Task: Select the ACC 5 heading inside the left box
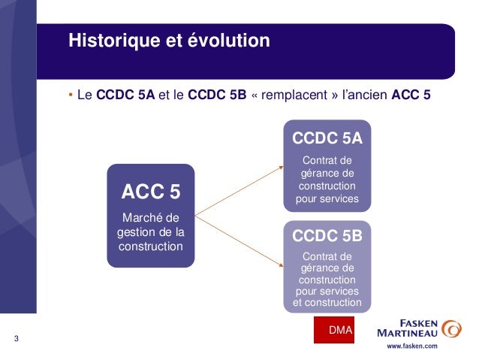click(150, 192)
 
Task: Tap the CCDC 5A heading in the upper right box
click(327, 138)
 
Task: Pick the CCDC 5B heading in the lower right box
click(327, 236)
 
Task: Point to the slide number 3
click(16, 339)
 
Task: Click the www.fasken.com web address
click(411, 347)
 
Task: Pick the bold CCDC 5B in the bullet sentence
click(216, 96)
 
